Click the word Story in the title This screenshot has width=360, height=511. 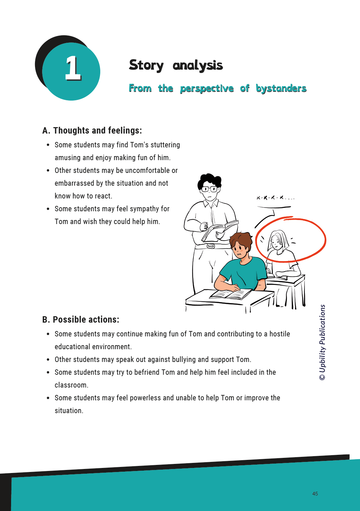coord(146,65)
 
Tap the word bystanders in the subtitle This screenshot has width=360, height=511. coord(281,88)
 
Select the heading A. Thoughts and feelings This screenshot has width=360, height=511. coord(92,131)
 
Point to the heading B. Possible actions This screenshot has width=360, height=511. coord(81,320)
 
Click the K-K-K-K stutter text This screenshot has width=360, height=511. coord(275,198)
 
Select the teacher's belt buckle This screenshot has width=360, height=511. coord(211,246)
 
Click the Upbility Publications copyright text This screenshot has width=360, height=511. coord(322,342)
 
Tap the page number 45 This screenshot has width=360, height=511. coord(315,494)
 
